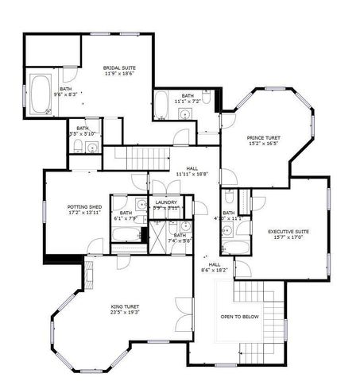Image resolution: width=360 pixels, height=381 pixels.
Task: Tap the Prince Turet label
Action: pos(262,138)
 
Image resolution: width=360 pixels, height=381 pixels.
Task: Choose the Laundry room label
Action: pos(166,202)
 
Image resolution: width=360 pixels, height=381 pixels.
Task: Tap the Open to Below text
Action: pos(239,316)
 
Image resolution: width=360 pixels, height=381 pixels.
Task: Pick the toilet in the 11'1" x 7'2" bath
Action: pos(206,98)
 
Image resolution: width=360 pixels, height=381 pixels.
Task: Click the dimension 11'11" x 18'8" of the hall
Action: pos(192,175)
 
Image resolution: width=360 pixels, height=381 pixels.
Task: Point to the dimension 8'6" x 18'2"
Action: pos(215,271)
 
